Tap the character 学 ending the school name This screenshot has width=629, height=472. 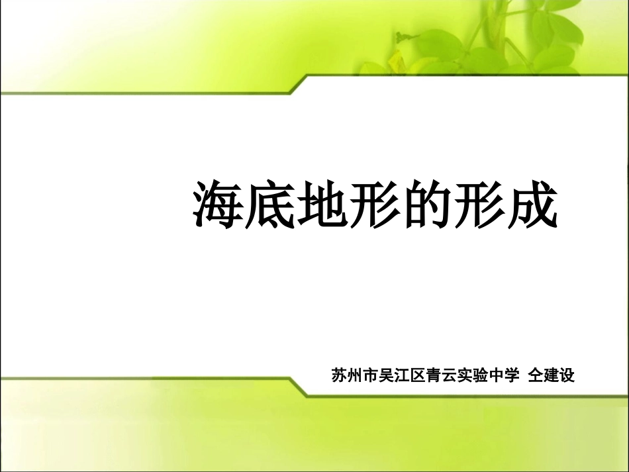(x=514, y=375)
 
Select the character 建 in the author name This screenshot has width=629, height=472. (x=551, y=375)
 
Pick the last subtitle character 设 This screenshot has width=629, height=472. (x=567, y=375)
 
